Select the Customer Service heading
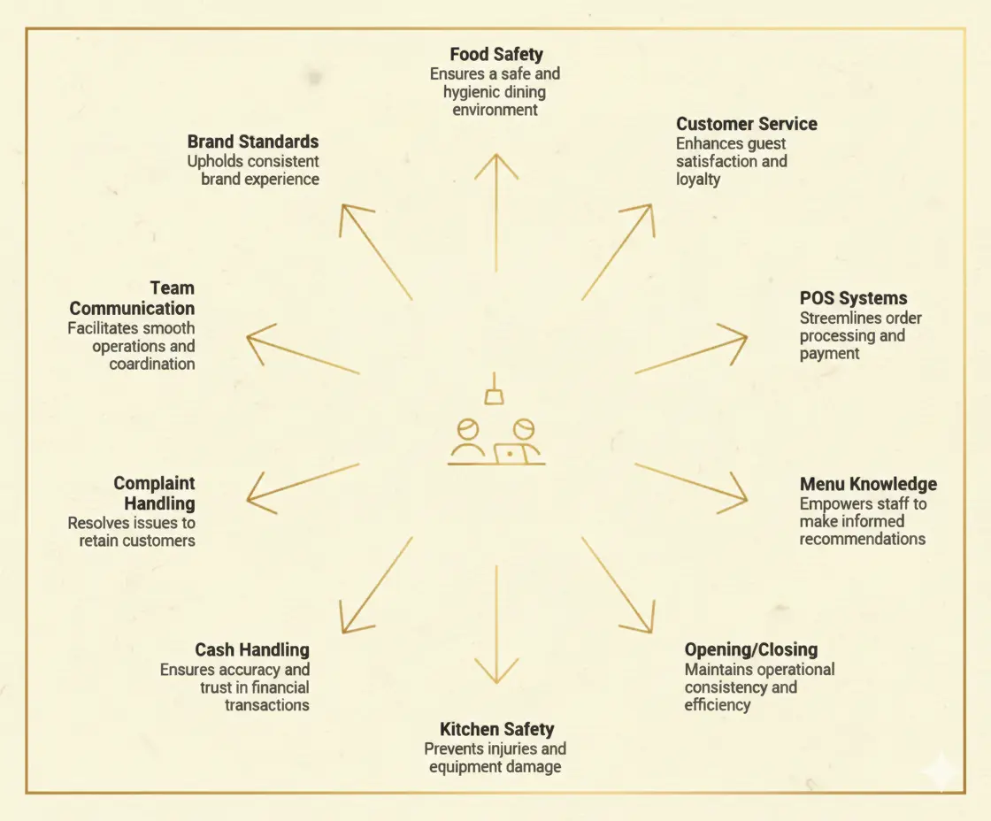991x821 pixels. (747, 124)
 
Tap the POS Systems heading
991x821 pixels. (853, 298)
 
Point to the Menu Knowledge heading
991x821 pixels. (868, 484)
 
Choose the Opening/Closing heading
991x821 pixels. (750, 650)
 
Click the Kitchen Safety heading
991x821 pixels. (496, 729)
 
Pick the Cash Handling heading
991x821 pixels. (252, 650)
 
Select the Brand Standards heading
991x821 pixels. (253, 142)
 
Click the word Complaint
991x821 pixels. (154, 484)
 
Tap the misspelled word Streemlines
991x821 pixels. (836, 318)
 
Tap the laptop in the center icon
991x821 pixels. (510, 454)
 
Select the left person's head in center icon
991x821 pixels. (467, 429)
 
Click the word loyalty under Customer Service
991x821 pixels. (698, 180)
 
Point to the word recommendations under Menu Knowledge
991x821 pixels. (862, 539)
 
